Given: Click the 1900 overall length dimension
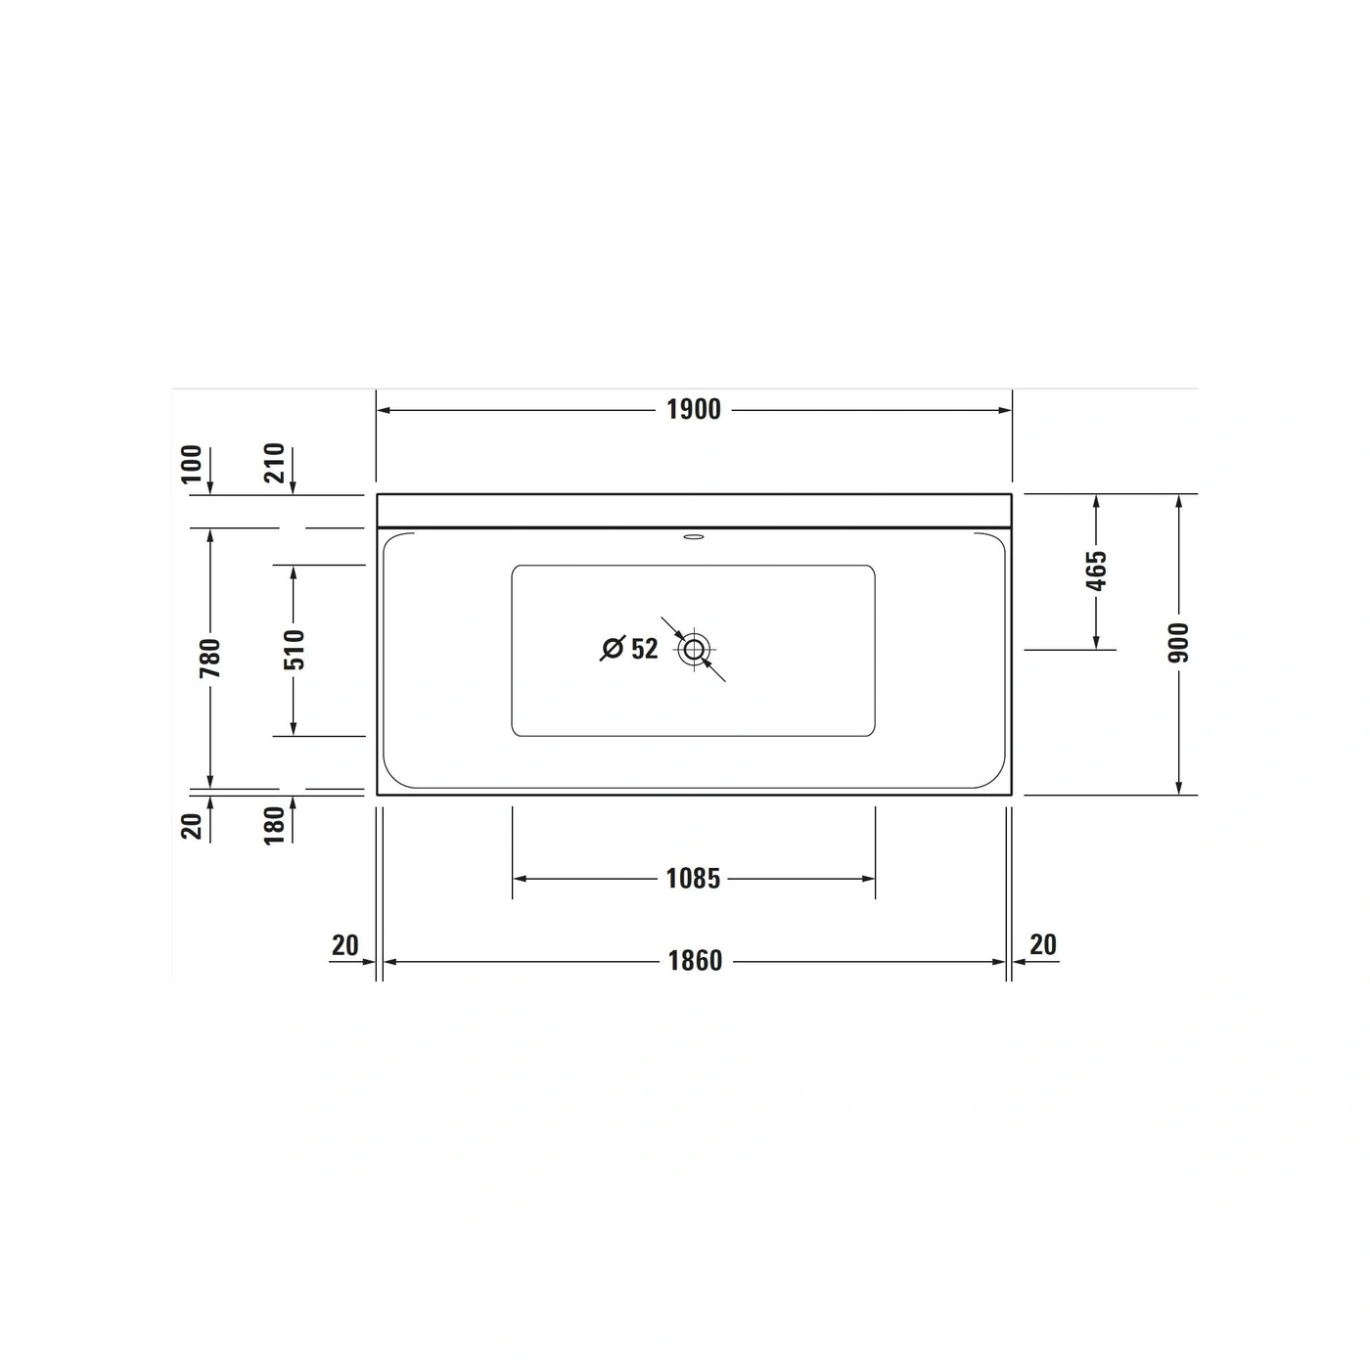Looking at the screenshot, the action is (x=693, y=409).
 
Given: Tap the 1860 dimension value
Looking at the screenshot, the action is (x=695, y=961).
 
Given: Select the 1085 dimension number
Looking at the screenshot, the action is (x=693, y=879).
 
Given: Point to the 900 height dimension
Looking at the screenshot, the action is (x=1178, y=643).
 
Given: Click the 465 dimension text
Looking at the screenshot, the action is (x=1096, y=571).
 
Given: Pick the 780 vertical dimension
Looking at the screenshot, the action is (x=209, y=658).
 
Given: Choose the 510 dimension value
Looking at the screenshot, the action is (x=293, y=650).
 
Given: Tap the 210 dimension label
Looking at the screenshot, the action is (x=274, y=464).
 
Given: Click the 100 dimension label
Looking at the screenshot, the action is (x=191, y=464).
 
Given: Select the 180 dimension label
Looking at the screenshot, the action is (x=274, y=825).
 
